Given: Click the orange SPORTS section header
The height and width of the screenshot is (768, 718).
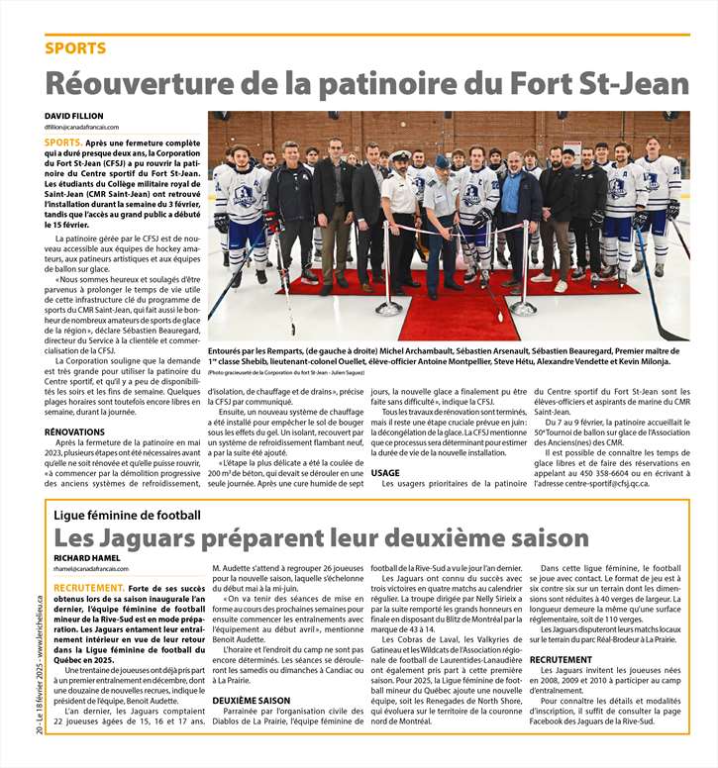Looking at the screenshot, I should point(75,48).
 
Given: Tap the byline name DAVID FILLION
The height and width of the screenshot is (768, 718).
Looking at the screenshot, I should point(73,116).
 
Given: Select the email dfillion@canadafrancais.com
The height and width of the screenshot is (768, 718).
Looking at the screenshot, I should point(81,128).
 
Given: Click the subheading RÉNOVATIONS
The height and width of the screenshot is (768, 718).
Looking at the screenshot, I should point(74,432).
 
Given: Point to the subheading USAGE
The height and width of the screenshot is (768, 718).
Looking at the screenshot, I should point(385,472).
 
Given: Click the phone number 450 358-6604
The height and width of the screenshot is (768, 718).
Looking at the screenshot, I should point(596,472).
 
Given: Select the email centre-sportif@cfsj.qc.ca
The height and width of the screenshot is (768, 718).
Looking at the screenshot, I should point(605,483).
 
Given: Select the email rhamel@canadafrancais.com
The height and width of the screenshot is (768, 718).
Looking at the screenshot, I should point(91,570).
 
